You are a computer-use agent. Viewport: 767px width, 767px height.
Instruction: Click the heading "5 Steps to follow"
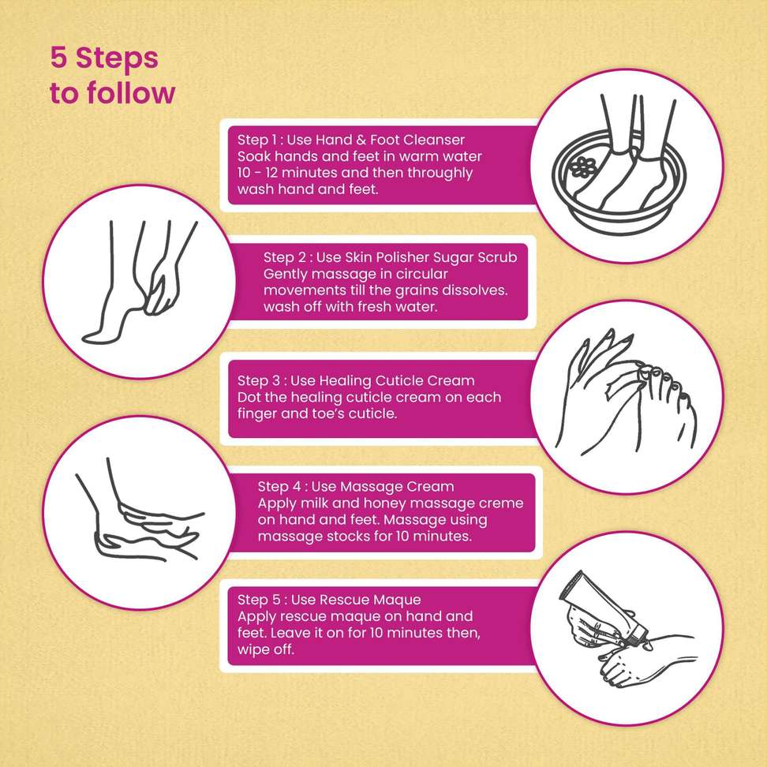[112, 76]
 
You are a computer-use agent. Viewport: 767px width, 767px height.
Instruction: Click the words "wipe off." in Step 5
[266, 650]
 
